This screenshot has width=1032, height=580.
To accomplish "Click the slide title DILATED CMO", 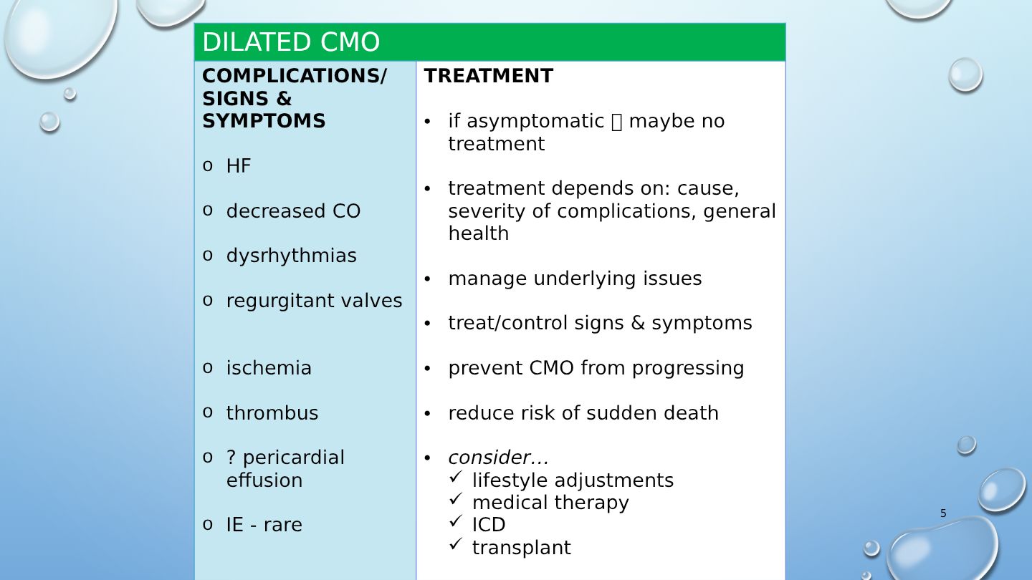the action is [x=291, y=42].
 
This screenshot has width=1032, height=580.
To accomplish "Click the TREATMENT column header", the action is [x=488, y=76].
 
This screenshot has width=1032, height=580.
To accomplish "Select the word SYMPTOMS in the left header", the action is [x=264, y=121].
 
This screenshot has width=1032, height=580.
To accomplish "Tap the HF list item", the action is [x=238, y=165].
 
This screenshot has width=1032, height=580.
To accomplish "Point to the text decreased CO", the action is [x=293, y=211].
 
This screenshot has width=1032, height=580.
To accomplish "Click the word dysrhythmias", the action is [x=291, y=256].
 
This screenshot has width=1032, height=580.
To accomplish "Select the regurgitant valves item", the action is [x=314, y=301].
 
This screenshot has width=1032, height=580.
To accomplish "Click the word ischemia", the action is [x=269, y=368].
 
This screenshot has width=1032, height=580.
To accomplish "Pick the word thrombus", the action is [x=272, y=413].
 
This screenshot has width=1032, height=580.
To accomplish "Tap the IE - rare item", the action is [x=264, y=525].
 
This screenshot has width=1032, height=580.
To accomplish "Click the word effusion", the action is [x=264, y=480].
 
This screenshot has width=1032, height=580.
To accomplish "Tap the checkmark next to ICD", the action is [x=455, y=521].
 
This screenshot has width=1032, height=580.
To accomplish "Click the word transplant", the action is [x=521, y=548].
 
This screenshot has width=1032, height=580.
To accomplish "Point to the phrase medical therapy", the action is [x=550, y=503].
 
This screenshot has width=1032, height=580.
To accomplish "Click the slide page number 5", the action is [x=943, y=513].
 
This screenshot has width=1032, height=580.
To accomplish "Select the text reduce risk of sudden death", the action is [x=583, y=413].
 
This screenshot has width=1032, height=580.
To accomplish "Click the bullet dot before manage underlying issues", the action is [x=427, y=279].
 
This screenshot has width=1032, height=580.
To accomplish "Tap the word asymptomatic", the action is [x=535, y=122].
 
